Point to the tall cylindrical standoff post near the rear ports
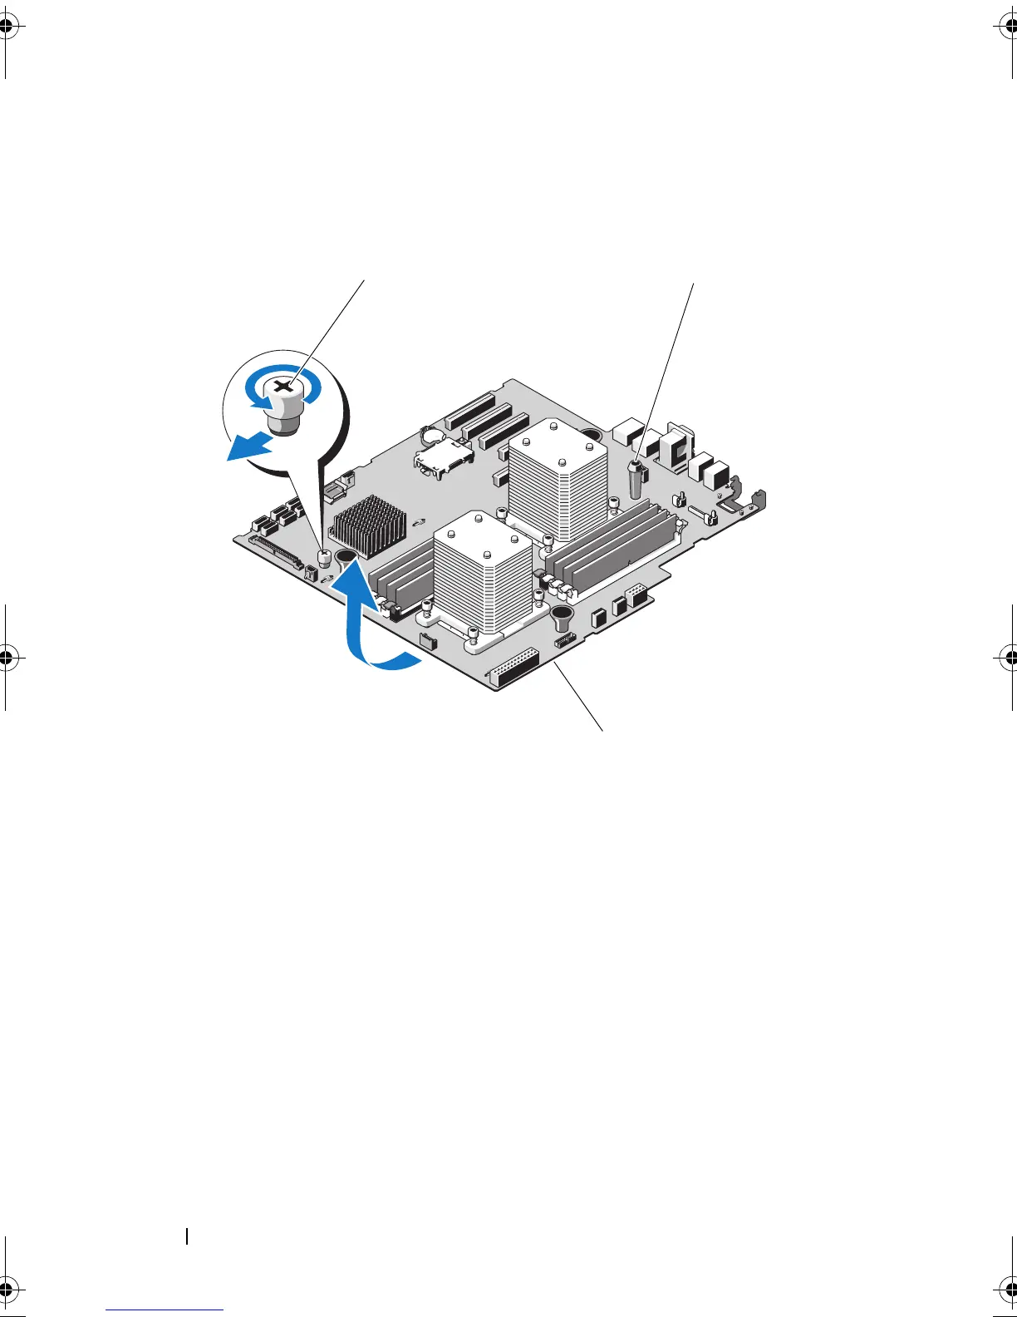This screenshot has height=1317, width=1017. (x=637, y=478)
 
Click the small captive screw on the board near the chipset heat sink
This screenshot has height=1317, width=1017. (x=326, y=556)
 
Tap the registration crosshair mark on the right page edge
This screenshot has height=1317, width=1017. (x=1005, y=656)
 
